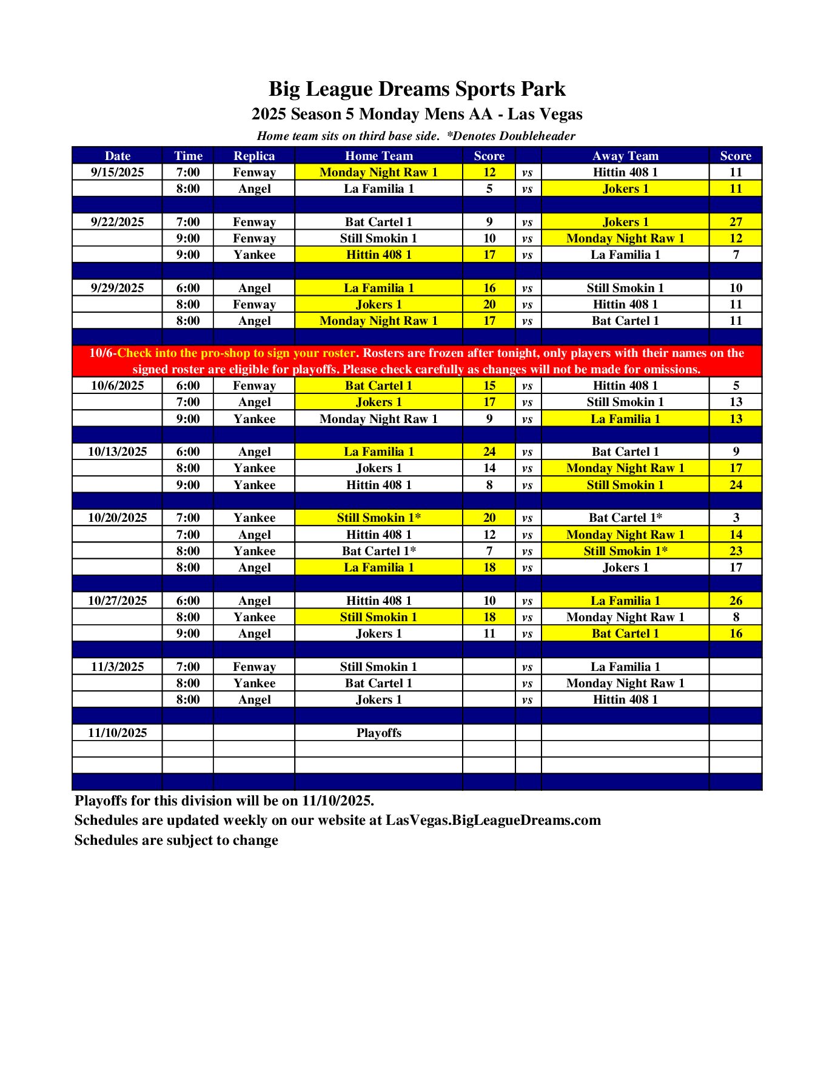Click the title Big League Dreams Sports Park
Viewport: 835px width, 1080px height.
click(x=417, y=89)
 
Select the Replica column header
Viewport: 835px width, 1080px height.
click(x=254, y=156)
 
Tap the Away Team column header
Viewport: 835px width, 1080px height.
click(x=625, y=156)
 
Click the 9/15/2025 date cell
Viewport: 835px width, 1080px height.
click(x=117, y=172)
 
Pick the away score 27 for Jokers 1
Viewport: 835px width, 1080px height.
click(x=735, y=222)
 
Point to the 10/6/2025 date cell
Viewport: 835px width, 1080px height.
click(x=117, y=385)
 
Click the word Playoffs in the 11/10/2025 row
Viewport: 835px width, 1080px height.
click(x=378, y=733)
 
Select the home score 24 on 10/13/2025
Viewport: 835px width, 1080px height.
click(x=489, y=452)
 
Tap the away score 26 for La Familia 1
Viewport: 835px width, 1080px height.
click(x=735, y=601)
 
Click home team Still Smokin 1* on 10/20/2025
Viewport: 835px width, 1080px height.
click(x=378, y=518)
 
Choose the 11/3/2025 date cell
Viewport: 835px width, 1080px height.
click(x=117, y=667)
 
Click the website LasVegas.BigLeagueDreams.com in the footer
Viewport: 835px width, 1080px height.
click(x=493, y=820)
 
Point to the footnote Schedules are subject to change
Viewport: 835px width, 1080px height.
click(x=176, y=840)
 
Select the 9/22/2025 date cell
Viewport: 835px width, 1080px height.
click(x=117, y=222)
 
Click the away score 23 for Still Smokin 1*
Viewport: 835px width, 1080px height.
click(x=735, y=551)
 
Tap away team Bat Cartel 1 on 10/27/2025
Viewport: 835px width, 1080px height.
click(x=625, y=633)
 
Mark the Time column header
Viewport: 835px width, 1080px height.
click(x=188, y=156)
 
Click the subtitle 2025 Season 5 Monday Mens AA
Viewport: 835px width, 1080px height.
click(x=372, y=114)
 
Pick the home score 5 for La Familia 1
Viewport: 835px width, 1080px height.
click(x=489, y=188)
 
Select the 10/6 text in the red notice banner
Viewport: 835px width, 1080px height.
click(x=101, y=353)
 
